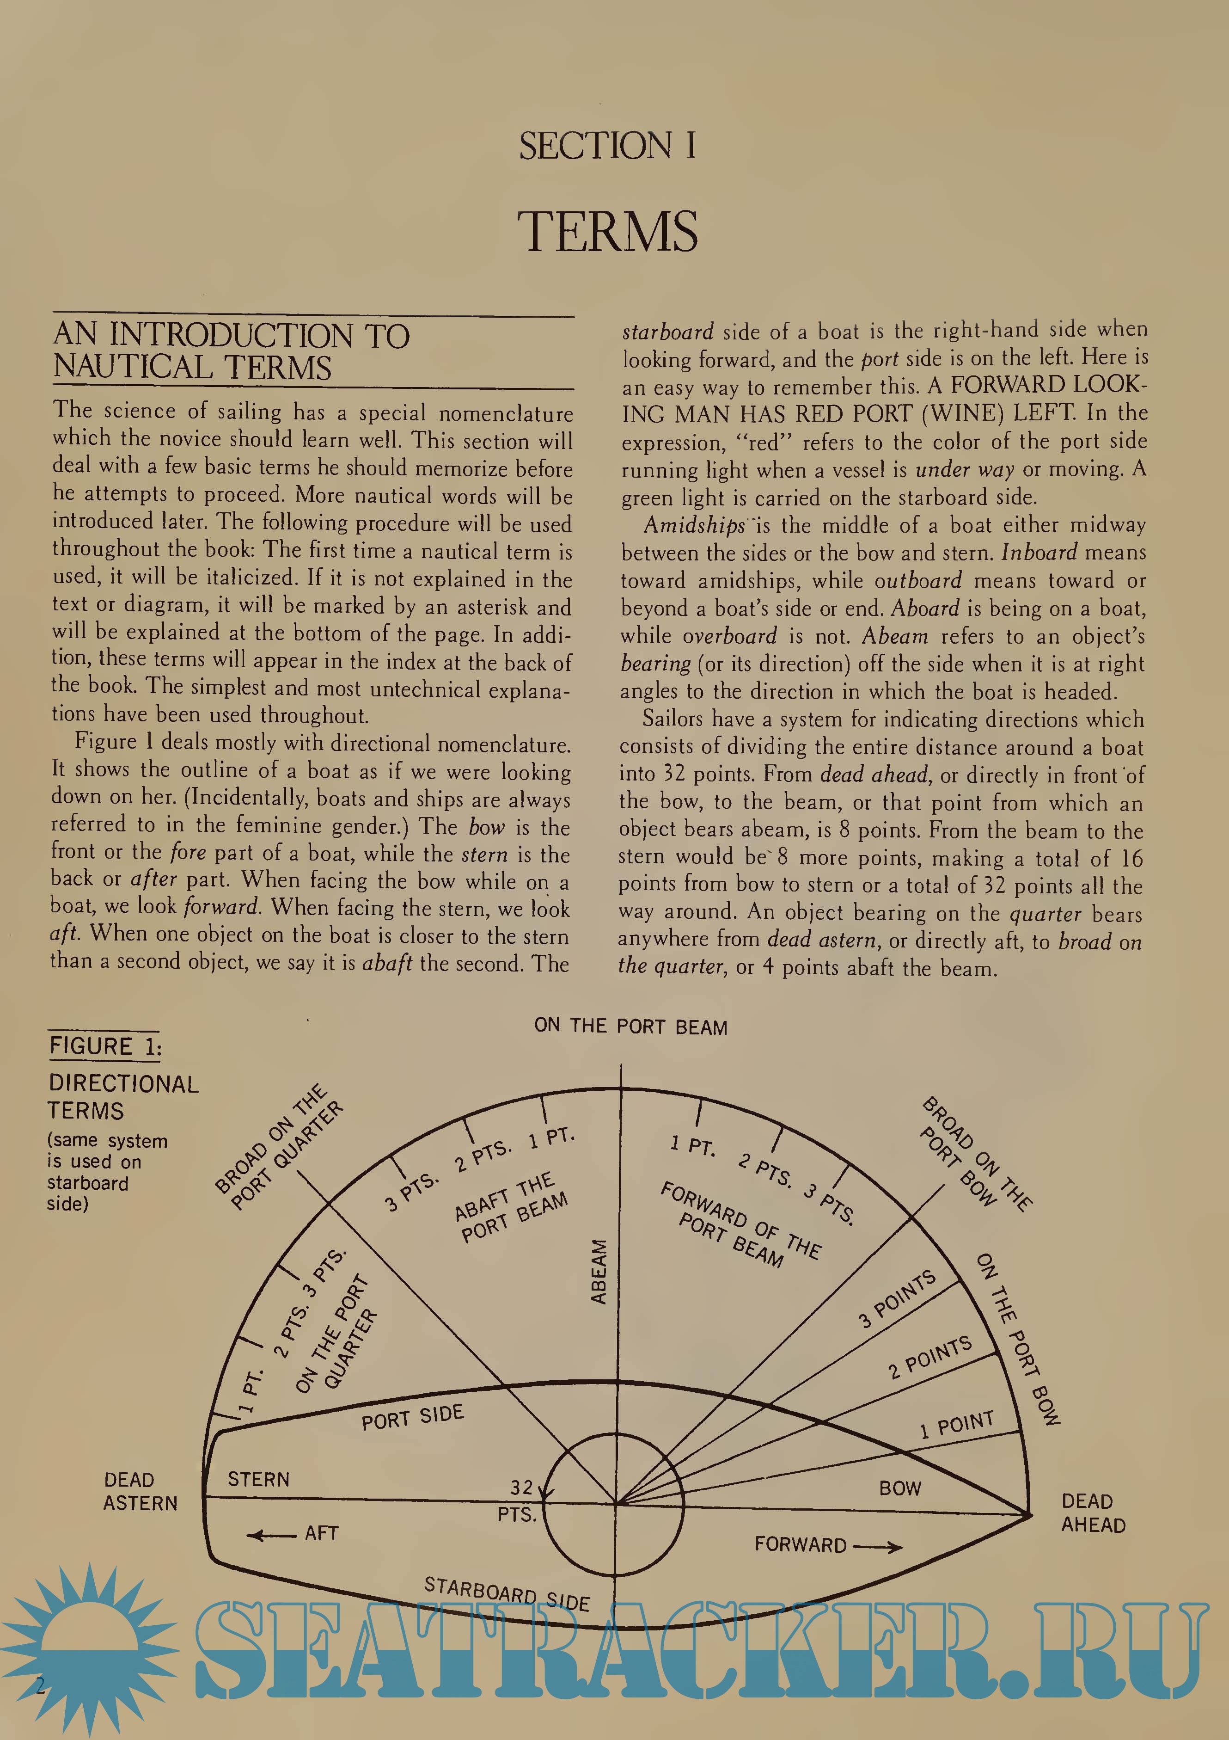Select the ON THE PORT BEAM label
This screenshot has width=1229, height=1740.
click(630, 1027)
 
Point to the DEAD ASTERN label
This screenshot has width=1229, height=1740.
click(140, 1491)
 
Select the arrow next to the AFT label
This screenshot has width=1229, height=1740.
click(270, 1535)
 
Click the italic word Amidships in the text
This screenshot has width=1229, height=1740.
click(694, 525)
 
